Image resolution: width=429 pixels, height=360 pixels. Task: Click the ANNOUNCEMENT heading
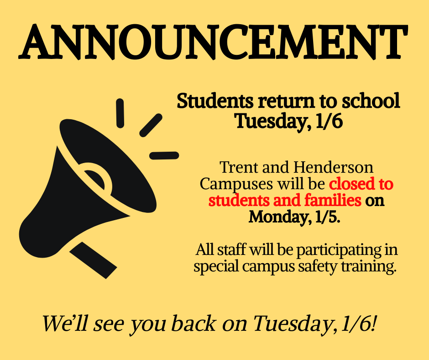click(213, 42)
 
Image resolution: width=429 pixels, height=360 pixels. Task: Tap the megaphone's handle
click(93, 259)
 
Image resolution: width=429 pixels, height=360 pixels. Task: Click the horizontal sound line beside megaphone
click(164, 155)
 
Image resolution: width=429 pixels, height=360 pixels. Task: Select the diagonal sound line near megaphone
click(151, 125)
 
